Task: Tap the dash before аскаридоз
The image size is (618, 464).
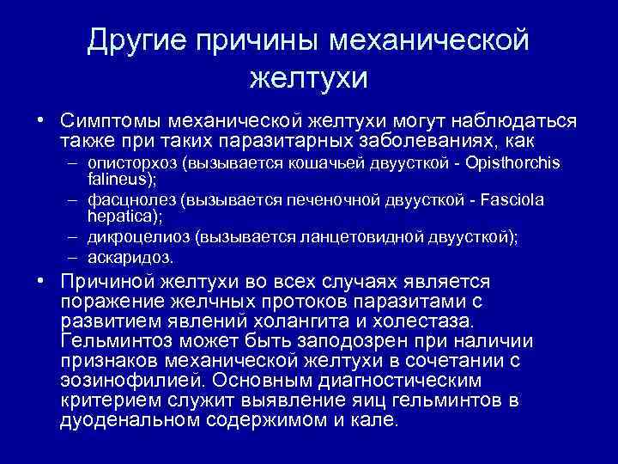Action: (x=76, y=257)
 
